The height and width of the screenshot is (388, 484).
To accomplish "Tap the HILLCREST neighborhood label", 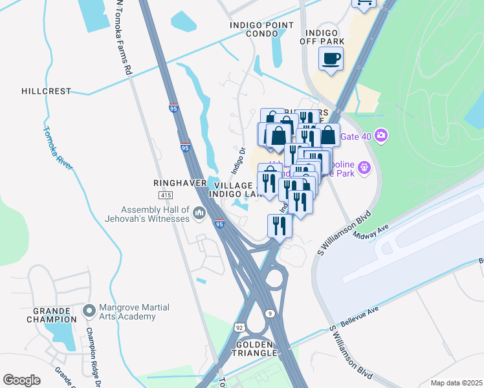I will (x=46, y=91).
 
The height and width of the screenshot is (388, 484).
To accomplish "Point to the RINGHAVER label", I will (x=175, y=183).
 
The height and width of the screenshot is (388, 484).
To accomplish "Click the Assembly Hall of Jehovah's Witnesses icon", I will (x=199, y=212).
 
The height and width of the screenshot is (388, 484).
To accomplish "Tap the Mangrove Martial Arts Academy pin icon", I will (x=89, y=311).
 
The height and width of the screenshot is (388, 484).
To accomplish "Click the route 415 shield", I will (x=164, y=195).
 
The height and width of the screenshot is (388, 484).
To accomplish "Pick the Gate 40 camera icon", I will (x=382, y=135).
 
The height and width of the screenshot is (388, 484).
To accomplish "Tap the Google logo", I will (x=21, y=380).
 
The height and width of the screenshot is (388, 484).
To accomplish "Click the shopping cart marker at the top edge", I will (x=364, y=3).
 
